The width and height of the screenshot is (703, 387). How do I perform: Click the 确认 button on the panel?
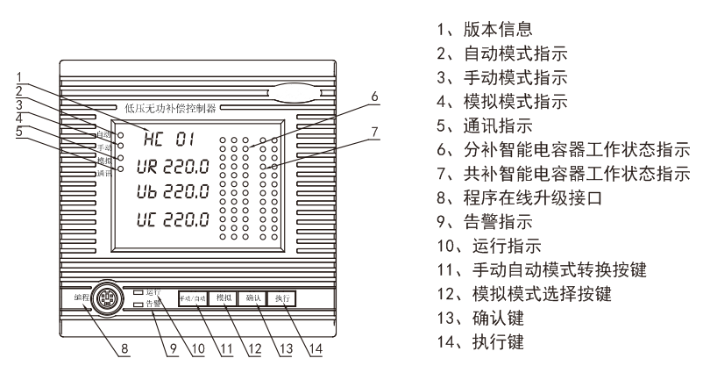[x=254, y=298]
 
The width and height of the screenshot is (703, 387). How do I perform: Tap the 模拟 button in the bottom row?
[x=223, y=298]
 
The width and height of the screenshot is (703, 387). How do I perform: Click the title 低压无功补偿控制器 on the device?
[x=170, y=109]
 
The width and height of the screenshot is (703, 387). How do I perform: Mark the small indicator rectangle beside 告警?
[x=139, y=305]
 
